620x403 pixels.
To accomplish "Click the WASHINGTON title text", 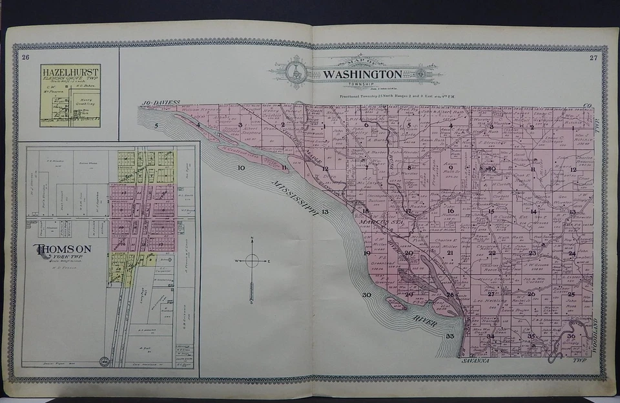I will [362, 74].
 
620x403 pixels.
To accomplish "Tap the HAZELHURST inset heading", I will [70, 72].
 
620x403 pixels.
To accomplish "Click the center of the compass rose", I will [252, 261].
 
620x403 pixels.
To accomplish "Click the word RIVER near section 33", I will [422, 320].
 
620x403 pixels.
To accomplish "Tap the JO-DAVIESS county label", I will [160, 103].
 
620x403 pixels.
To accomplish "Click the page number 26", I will [25, 58].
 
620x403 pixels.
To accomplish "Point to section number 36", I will [571, 336].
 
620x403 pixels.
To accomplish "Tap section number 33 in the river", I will [449, 336].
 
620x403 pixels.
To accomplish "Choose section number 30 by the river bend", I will [367, 294].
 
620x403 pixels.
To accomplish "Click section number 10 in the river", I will [241, 168].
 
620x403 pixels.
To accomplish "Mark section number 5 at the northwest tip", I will [156, 125].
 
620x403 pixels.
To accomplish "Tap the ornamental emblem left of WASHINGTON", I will [298, 72].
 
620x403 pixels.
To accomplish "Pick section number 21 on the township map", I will [449, 253].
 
